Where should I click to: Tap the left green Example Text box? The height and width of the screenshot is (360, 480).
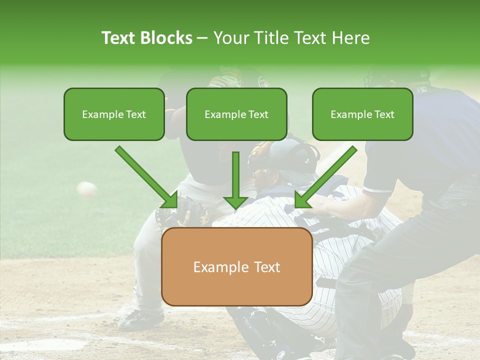click(x=114, y=114)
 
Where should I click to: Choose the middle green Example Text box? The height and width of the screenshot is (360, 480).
click(x=236, y=114)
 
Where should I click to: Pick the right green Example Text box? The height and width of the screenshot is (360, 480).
click(x=362, y=114)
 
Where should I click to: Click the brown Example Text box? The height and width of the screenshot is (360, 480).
click(x=236, y=267)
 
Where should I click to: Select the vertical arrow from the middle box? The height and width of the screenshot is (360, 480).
click(x=235, y=180)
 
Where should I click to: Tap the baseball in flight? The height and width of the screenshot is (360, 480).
click(x=87, y=189)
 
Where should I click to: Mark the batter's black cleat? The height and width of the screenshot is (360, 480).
click(x=140, y=319)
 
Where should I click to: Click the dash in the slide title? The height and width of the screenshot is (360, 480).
click(x=202, y=38)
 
